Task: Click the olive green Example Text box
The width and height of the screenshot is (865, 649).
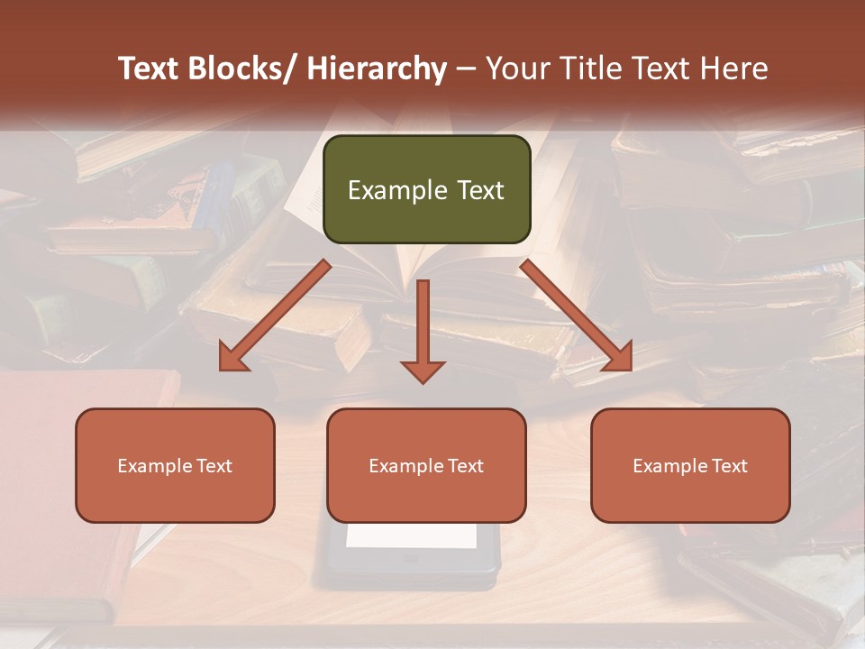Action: click(x=426, y=189)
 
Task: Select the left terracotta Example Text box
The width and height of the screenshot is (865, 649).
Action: click(x=175, y=465)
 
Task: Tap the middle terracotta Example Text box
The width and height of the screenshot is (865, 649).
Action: click(x=426, y=465)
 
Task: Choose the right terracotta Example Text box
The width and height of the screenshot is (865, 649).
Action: click(x=690, y=465)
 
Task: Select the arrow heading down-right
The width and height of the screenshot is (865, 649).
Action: click(x=576, y=316)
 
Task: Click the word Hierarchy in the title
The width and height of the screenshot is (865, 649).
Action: click(x=377, y=69)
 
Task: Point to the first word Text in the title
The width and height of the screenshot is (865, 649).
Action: click(x=150, y=69)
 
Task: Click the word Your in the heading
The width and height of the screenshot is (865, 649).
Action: click(x=516, y=69)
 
